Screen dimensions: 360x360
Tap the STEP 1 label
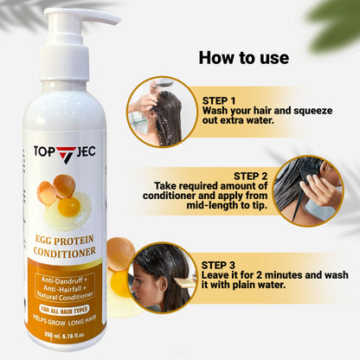tap(222, 99)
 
